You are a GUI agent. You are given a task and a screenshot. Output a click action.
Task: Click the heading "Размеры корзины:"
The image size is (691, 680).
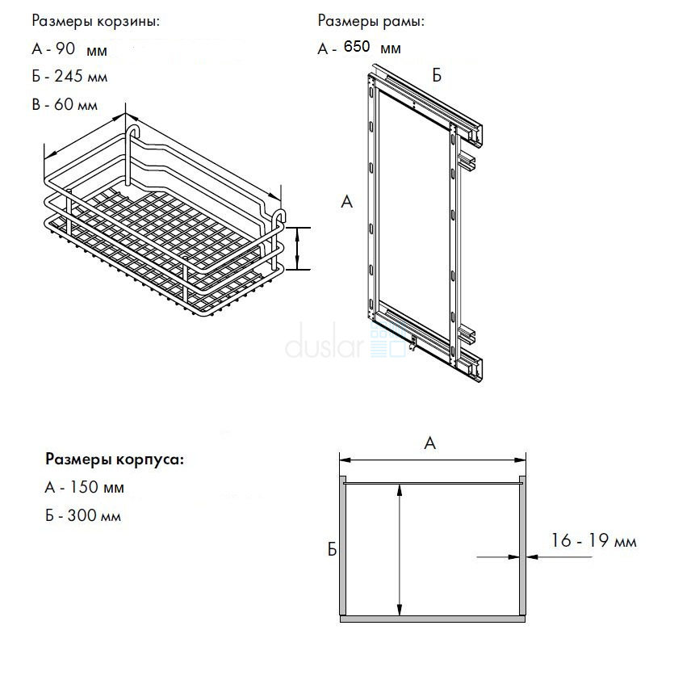(x=96, y=21)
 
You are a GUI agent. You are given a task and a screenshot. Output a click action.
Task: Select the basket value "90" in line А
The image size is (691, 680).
(x=65, y=48)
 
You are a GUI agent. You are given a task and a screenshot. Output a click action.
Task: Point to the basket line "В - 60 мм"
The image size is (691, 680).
(x=65, y=105)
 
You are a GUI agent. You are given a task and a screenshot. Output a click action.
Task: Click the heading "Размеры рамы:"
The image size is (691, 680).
(x=371, y=21)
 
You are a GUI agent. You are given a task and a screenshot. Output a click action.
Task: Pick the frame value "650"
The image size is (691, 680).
(x=357, y=48)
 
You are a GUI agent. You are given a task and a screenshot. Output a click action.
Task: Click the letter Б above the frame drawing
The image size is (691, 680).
(x=437, y=76)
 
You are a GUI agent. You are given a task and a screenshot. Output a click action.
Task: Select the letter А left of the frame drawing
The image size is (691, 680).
(x=347, y=202)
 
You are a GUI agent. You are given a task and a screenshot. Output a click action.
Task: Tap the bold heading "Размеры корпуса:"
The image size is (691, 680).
(x=115, y=460)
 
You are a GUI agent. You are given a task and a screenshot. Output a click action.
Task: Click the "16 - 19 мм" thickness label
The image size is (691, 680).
(x=593, y=541)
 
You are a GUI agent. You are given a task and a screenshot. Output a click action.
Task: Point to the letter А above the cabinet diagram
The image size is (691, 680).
(x=430, y=443)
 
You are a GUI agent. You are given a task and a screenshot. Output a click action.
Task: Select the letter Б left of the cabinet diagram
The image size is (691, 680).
(x=332, y=550)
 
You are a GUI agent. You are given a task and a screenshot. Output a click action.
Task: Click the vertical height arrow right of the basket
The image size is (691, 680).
(x=298, y=248)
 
